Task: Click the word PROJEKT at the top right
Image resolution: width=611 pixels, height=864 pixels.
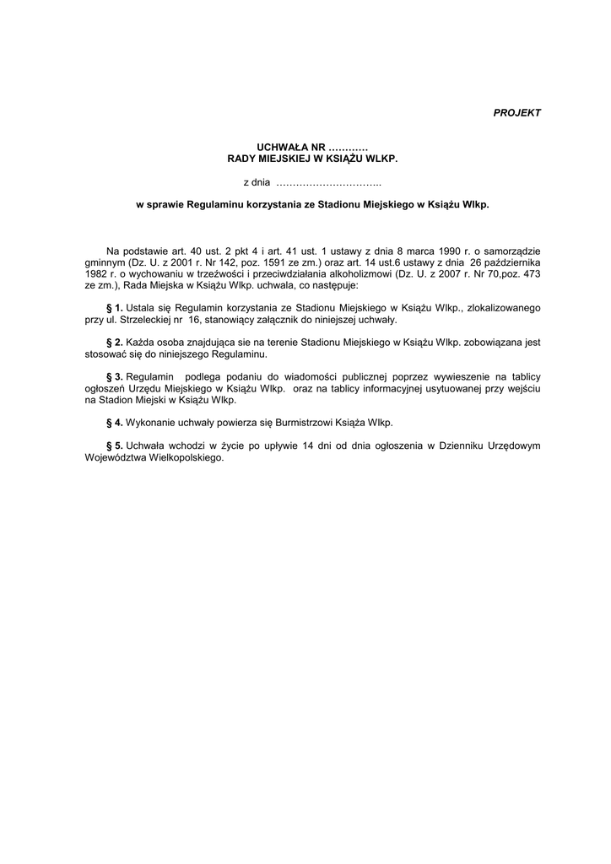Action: [x=516, y=112]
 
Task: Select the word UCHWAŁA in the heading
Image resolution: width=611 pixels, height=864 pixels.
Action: [x=265, y=147]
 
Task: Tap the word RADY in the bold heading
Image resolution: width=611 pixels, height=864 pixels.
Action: [x=246, y=158]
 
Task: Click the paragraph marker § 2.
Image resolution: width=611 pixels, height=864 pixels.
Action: [x=113, y=343]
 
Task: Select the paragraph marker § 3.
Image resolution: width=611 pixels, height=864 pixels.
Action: [x=113, y=375]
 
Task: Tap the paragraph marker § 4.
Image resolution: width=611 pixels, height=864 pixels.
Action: [x=113, y=420]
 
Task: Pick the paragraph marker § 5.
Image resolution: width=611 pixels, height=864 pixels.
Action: [x=113, y=445]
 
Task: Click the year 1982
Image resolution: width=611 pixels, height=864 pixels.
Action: [x=97, y=274]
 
